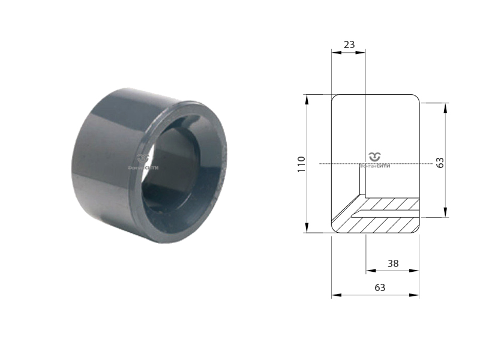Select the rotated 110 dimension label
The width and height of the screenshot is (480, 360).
(x=301, y=164)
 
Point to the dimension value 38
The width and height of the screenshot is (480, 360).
(x=393, y=263)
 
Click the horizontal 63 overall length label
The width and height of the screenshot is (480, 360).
(x=380, y=287)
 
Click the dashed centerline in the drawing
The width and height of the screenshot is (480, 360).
(x=342, y=164)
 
